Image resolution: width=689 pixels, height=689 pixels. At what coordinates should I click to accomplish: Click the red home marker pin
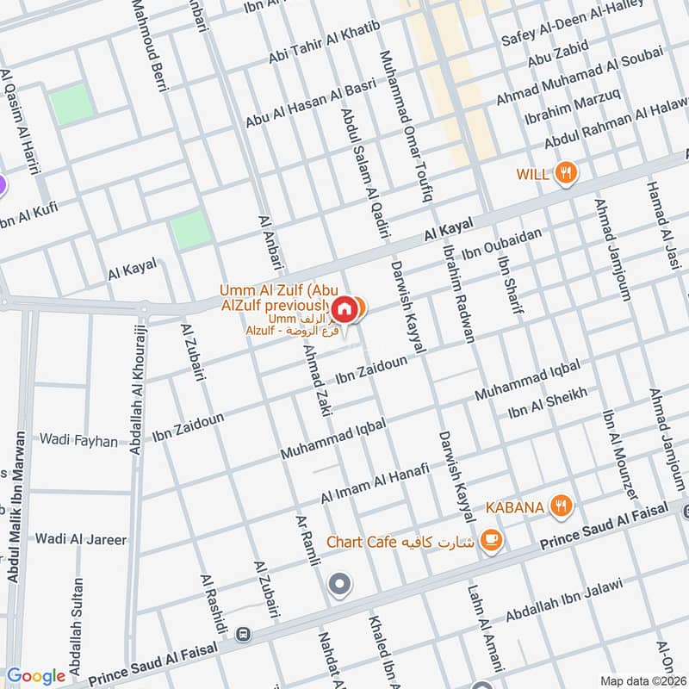pos(344,307)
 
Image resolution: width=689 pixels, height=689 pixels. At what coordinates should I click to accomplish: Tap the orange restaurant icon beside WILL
pos(565,172)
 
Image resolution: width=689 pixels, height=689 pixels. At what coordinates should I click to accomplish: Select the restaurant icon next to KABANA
pos(562,506)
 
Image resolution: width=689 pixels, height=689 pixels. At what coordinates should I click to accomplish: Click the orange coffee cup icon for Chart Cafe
pos(491,541)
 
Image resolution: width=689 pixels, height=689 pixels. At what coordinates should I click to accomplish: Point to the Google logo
pos(36,676)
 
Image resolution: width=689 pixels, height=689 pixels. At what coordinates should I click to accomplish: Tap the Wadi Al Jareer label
pos(81,540)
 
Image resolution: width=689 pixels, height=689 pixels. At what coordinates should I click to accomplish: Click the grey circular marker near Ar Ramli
pos(340,585)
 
